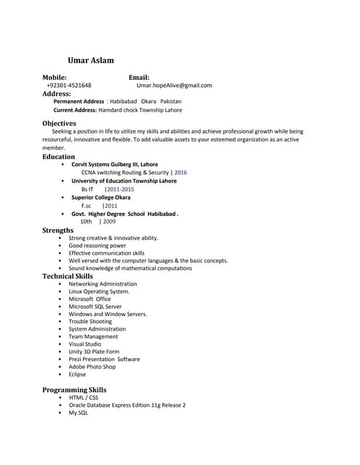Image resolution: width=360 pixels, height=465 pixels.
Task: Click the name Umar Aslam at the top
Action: pyautogui.click(x=90, y=60)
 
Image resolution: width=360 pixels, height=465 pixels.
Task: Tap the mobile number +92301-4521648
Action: pyautogui.click(x=69, y=85)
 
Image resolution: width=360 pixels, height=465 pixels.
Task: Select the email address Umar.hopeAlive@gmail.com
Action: pyautogui.click(x=174, y=85)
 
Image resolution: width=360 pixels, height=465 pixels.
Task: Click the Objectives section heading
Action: pyautogui.click(x=59, y=124)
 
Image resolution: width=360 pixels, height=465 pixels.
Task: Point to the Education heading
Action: pyautogui.click(x=58, y=156)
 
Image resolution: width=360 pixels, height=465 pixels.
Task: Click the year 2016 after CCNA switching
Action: pyautogui.click(x=180, y=173)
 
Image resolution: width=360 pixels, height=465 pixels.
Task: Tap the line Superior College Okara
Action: pyautogui.click(x=101, y=197)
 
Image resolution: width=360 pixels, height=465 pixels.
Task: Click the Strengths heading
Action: pyautogui.click(x=57, y=230)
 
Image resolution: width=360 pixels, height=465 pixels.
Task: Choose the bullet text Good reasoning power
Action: pyautogui.click(x=97, y=246)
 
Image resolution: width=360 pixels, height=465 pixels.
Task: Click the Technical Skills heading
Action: pyautogui.click(x=68, y=276)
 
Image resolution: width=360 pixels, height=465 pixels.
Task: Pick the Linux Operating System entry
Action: pyautogui.click(x=99, y=291)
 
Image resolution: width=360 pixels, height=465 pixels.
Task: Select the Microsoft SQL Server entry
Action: pyautogui.click(x=95, y=307)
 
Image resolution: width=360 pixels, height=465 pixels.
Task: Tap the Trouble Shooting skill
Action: pyautogui.click(x=90, y=321)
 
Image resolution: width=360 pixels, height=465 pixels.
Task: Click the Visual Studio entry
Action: pyautogui.click(x=85, y=344)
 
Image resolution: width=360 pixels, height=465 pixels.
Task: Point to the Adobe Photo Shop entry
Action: pyautogui.click(x=92, y=367)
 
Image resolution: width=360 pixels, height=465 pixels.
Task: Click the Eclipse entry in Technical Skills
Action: pyautogui.click(x=77, y=374)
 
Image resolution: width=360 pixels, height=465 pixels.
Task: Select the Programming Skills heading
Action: pyautogui.click(x=74, y=390)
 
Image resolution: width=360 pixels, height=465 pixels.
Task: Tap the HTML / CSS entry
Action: pyautogui.click(x=83, y=397)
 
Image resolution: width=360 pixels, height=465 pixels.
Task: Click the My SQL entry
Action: pyautogui.click(x=78, y=413)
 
